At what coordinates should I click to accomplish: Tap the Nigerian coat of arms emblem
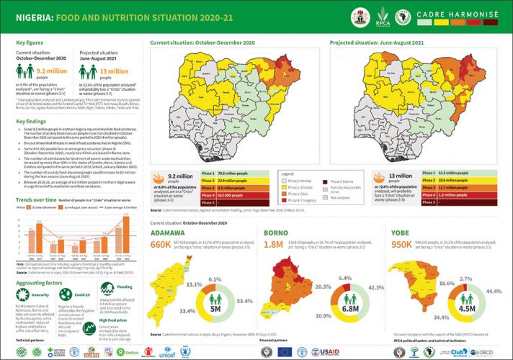click(x=359, y=17)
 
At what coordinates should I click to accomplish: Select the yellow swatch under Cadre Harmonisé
click(x=445, y=22)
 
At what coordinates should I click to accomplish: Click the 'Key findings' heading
click(x=32, y=122)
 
